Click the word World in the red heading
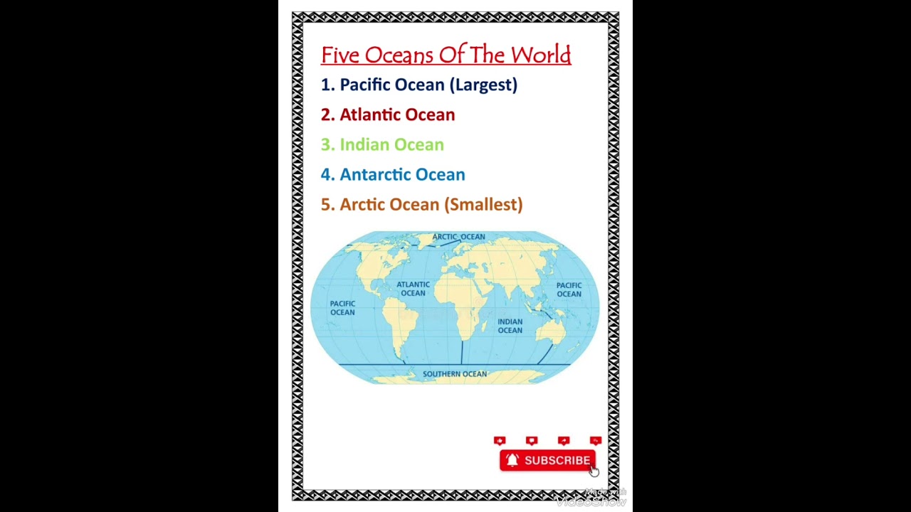coord(540,55)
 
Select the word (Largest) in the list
coord(483,85)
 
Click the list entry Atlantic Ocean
coord(396,114)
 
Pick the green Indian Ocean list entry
coord(391,144)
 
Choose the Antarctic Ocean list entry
coord(402,174)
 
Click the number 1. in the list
coord(327,85)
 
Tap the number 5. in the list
coord(327,204)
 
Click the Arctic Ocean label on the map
coord(458,237)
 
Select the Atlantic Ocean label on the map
coord(413,289)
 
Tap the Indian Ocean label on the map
coord(510,326)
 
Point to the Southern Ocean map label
coord(455,374)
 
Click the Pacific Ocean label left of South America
coord(342,308)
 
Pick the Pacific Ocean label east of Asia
coord(569,289)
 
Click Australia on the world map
coord(552,331)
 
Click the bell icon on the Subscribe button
coord(512,461)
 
